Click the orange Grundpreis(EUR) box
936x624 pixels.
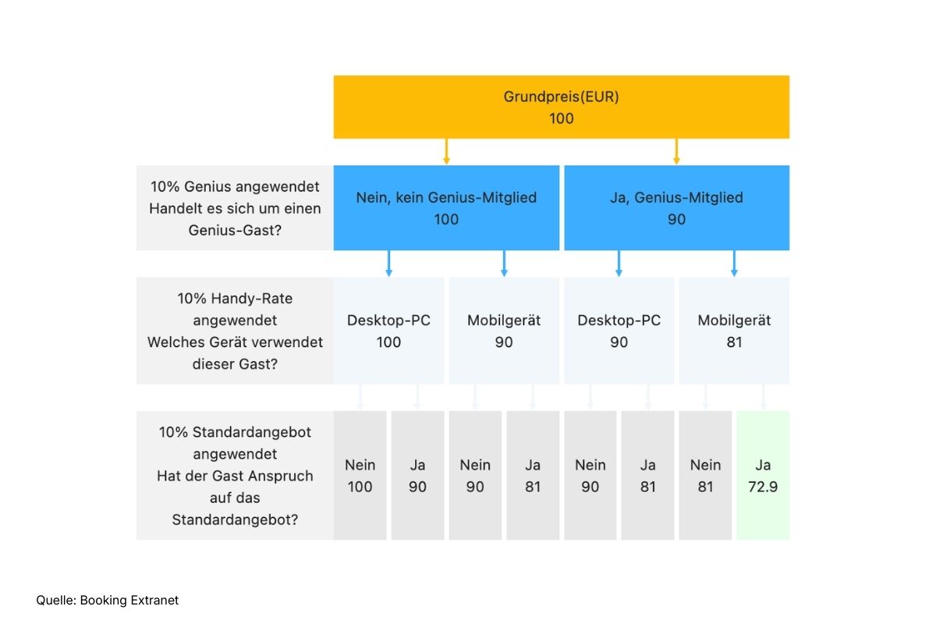click(561, 107)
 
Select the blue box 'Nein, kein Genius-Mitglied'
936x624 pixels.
click(446, 207)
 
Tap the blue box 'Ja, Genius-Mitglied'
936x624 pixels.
click(676, 207)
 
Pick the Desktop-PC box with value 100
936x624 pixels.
click(388, 331)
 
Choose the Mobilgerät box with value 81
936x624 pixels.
click(734, 331)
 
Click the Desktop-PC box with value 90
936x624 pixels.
click(619, 331)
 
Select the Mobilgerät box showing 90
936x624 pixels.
click(504, 331)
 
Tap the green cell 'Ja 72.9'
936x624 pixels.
click(763, 475)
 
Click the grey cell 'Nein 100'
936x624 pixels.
click(360, 475)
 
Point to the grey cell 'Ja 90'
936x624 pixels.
click(417, 475)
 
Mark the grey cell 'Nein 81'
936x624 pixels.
click(705, 475)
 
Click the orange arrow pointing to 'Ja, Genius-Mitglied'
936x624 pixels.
click(676, 151)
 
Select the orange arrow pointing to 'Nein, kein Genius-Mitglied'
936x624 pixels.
click(446, 151)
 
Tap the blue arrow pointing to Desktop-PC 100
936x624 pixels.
click(388, 264)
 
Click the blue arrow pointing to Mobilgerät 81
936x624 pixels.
click(734, 264)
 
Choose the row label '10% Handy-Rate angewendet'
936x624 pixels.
click(235, 331)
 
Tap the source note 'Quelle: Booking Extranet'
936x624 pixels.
click(108, 600)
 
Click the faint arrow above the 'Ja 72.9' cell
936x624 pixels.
click(763, 397)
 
